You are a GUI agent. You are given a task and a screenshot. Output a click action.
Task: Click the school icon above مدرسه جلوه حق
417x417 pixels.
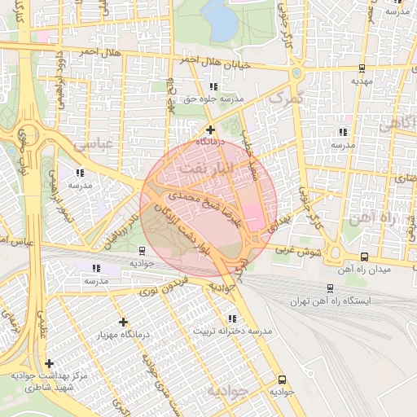click(214, 86)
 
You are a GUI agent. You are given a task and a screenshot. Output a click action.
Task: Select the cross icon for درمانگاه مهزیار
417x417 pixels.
click(123, 323)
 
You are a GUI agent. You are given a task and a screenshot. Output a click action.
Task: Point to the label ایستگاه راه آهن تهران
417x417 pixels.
click(330, 301)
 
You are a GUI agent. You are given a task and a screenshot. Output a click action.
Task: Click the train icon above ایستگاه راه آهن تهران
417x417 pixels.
click(330, 288)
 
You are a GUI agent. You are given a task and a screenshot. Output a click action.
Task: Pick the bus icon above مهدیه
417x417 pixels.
click(361, 68)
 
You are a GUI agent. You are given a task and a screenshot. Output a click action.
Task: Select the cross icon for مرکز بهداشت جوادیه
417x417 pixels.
click(50, 363)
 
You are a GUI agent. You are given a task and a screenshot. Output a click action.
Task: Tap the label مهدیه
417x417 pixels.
click(361, 81)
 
